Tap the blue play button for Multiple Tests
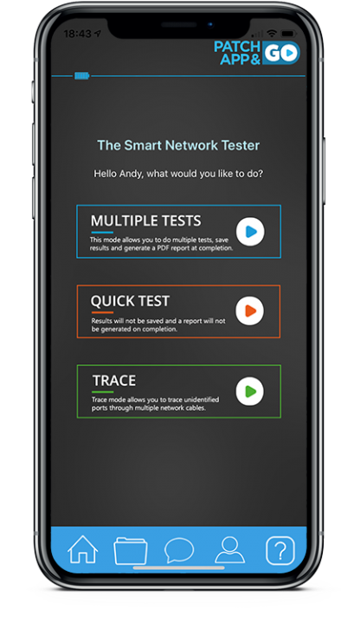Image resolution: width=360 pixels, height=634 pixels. [x=250, y=232]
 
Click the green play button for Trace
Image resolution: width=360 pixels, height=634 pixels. [x=250, y=391]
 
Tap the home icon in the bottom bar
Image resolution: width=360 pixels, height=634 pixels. [x=83, y=549]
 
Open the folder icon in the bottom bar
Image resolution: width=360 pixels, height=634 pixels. [x=130, y=550]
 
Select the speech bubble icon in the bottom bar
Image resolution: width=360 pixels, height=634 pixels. [x=179, y=550]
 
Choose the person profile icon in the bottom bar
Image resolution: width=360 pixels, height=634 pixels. [x=229, y=549]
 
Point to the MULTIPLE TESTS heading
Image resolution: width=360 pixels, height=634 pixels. [x=145, y=221]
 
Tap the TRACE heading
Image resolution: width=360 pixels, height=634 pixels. [x=114, y=381]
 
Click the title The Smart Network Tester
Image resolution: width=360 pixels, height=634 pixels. [x=177, y=145]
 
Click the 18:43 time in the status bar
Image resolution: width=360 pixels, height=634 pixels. [x=77, y=33]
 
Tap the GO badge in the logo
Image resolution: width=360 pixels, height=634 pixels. [x=282, y=54]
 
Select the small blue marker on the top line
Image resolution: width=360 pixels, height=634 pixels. [x=81, y=76]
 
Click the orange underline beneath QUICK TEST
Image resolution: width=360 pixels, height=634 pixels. [x=102, y=312]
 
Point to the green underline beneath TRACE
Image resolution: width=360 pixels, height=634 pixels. [x=102, y=392]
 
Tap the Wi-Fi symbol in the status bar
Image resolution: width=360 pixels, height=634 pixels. [x=272, y=33]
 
